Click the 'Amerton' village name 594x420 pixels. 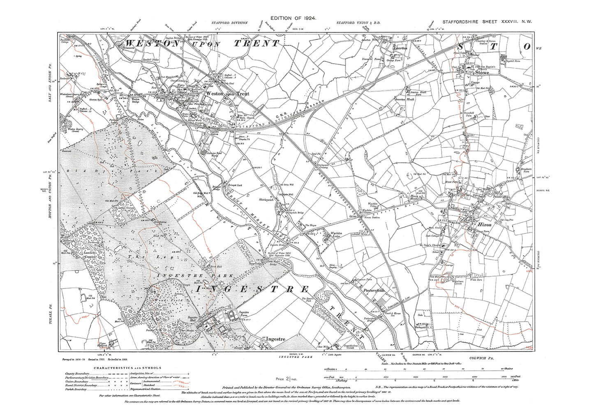(400, 48)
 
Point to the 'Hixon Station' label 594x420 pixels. (373, 217)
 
